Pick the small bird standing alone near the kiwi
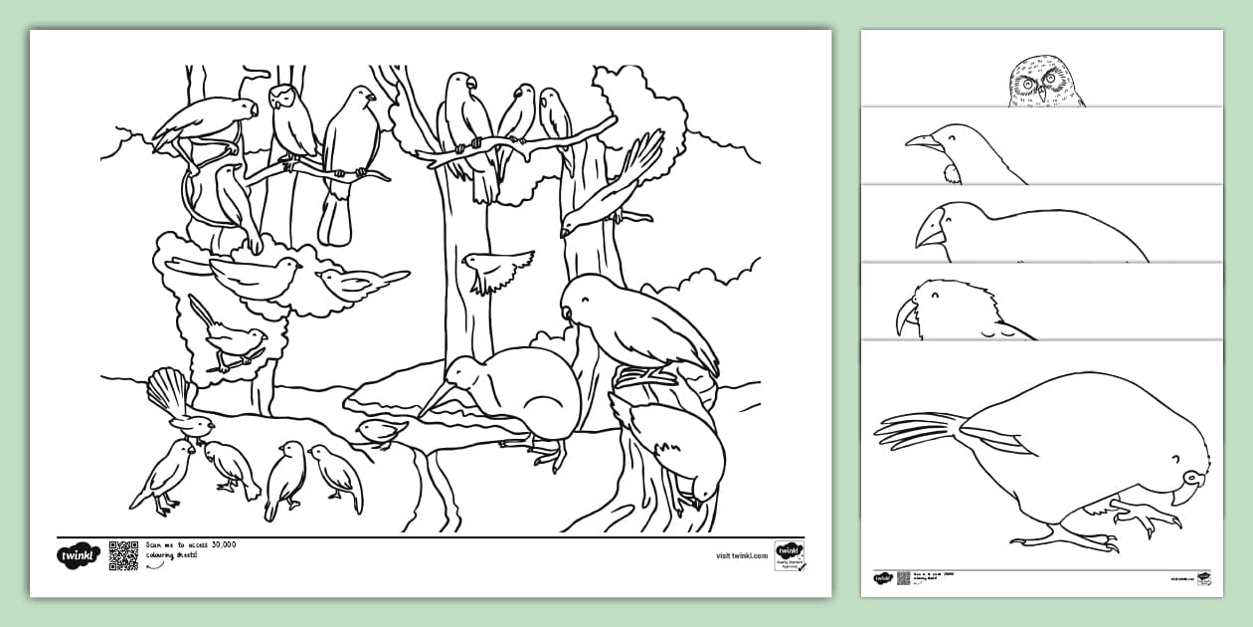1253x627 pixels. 382,431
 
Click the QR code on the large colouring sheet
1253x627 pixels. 123,555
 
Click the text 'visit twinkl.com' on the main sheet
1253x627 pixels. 741,556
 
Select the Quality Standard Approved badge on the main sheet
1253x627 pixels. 789,555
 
